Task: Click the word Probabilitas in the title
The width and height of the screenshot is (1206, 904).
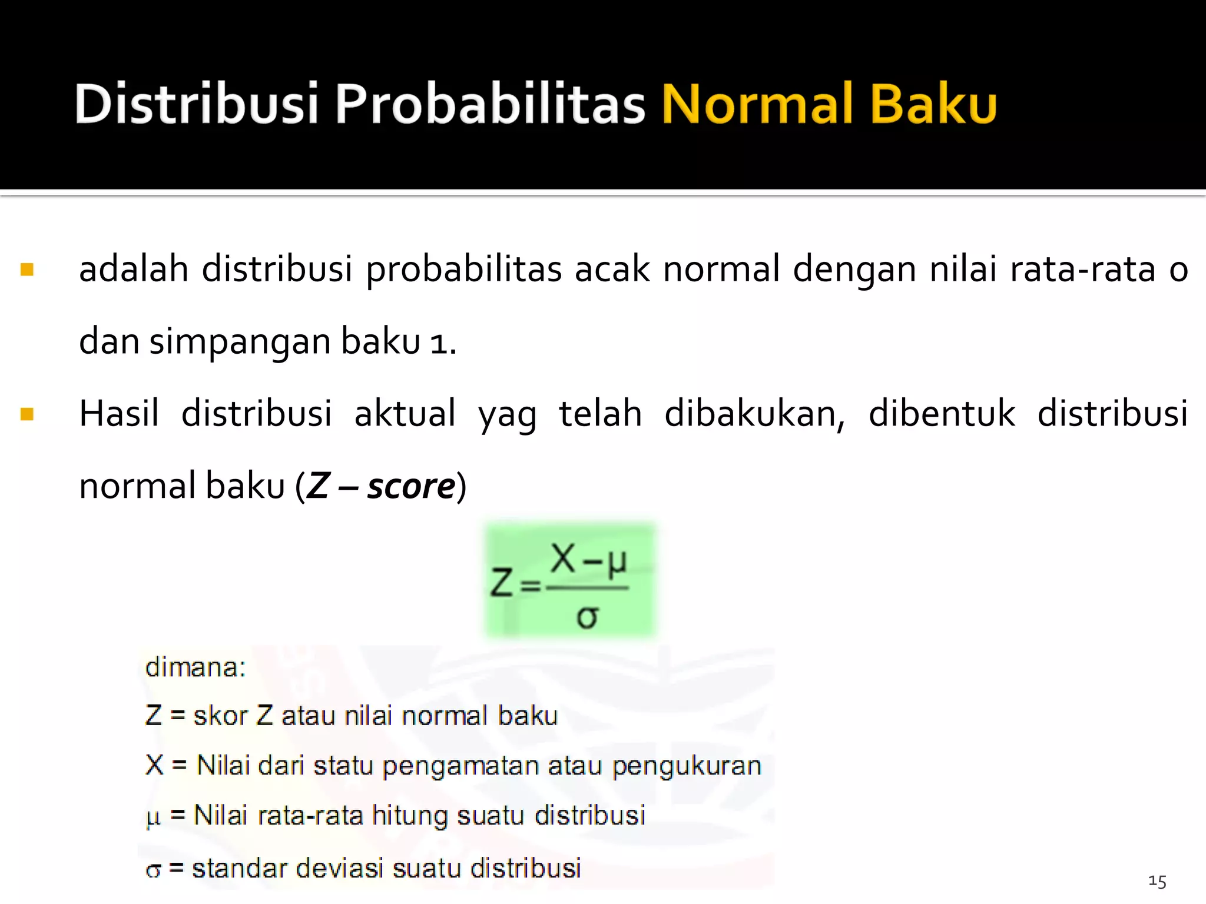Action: tap(490, 104)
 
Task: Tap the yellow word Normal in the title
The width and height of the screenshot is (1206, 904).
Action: tap(757, 104)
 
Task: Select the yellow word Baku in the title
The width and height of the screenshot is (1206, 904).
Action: tap(933, 104)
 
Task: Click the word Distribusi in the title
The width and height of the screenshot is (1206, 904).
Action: tap(197, 104)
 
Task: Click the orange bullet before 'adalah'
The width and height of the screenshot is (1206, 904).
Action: tap(27, 270)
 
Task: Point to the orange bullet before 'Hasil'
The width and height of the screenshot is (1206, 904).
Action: tap(27, 414)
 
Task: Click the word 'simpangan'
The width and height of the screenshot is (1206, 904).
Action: tap(240, 342)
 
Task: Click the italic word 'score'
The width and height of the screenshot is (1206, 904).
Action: tap(411, 486)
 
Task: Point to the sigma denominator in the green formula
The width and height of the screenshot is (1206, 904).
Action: tap(587, 617)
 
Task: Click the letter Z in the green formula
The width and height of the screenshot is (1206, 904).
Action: tap(502, 583)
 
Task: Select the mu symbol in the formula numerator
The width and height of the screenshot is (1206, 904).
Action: tap(617, 562)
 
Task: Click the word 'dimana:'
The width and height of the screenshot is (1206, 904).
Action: tap(196, 667)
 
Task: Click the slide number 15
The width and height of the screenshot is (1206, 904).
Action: tap(1157, 881)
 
